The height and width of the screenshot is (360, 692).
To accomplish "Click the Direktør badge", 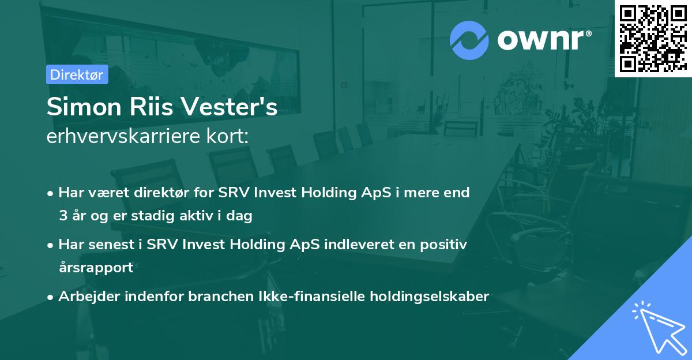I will tap(77, 74).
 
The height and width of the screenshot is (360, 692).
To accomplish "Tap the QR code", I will tap(652, 38).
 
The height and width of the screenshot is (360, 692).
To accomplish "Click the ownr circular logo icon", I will tap(469, 40).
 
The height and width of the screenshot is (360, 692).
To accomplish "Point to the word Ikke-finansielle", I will tap(299, 297).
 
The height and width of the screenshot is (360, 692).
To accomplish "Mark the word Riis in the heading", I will tap(146, 108).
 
